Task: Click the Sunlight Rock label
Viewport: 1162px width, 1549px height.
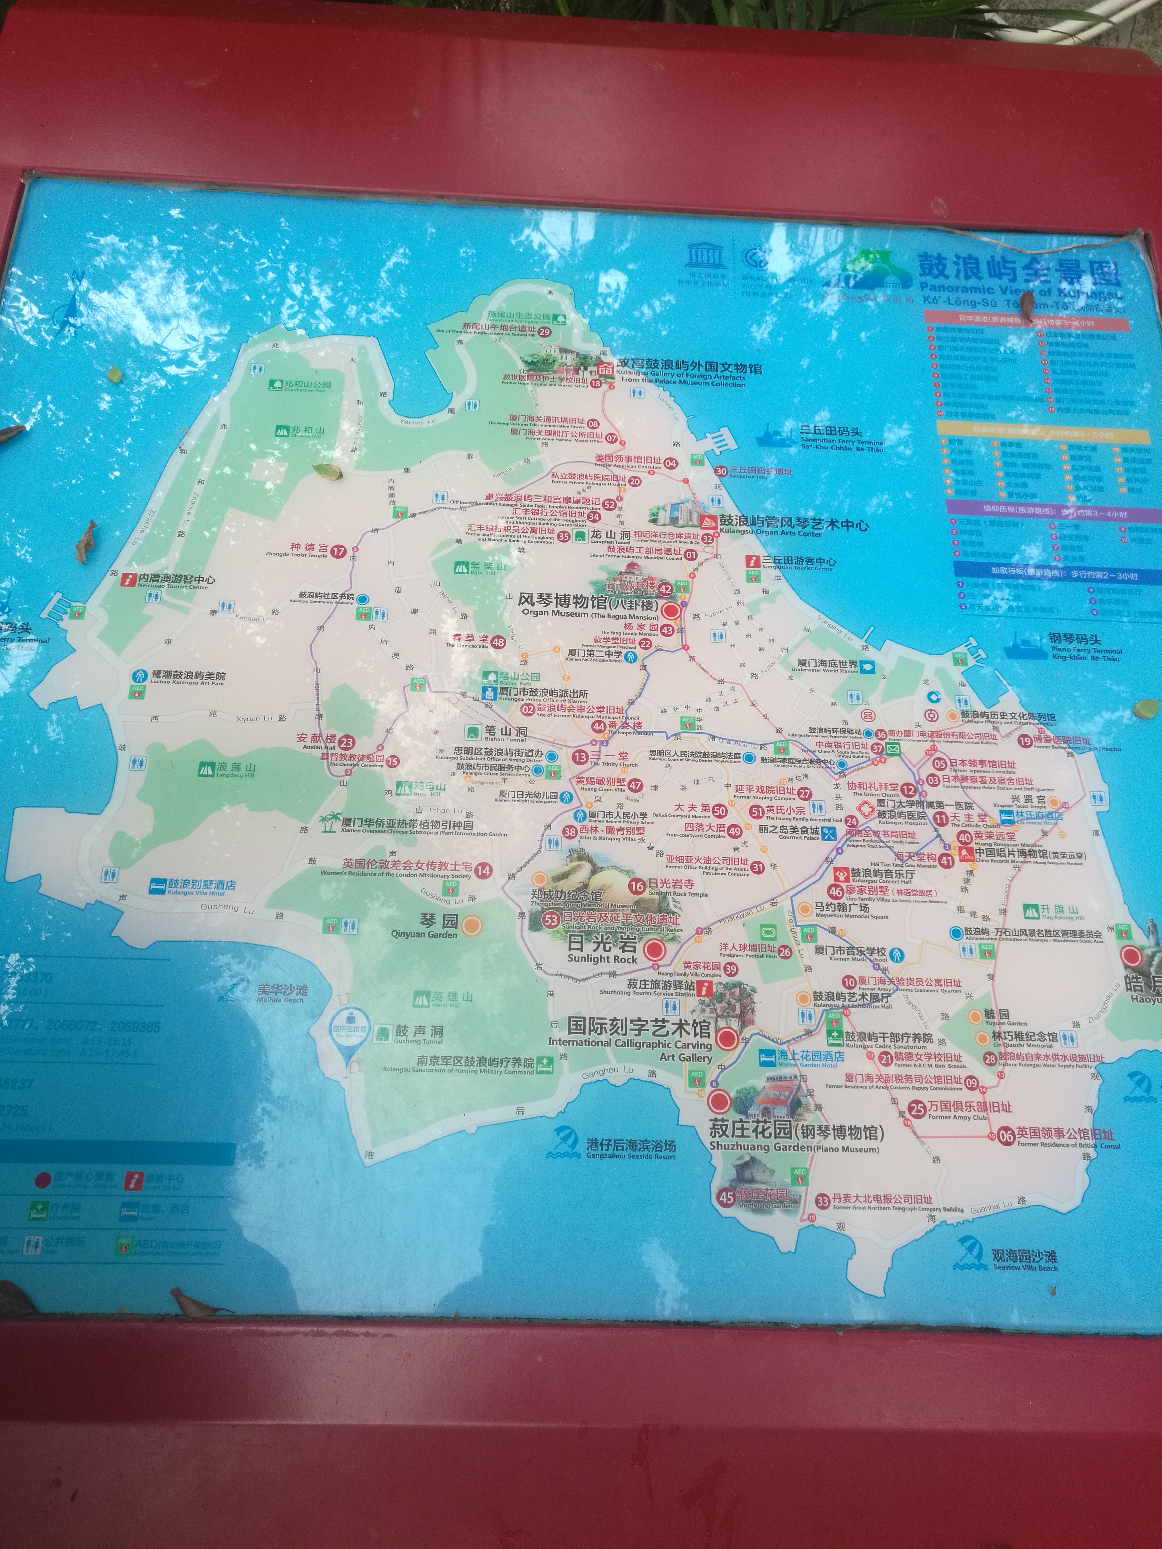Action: tap(603, 950)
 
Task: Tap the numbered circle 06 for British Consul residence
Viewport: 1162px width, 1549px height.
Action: tap(1006, 1136)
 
